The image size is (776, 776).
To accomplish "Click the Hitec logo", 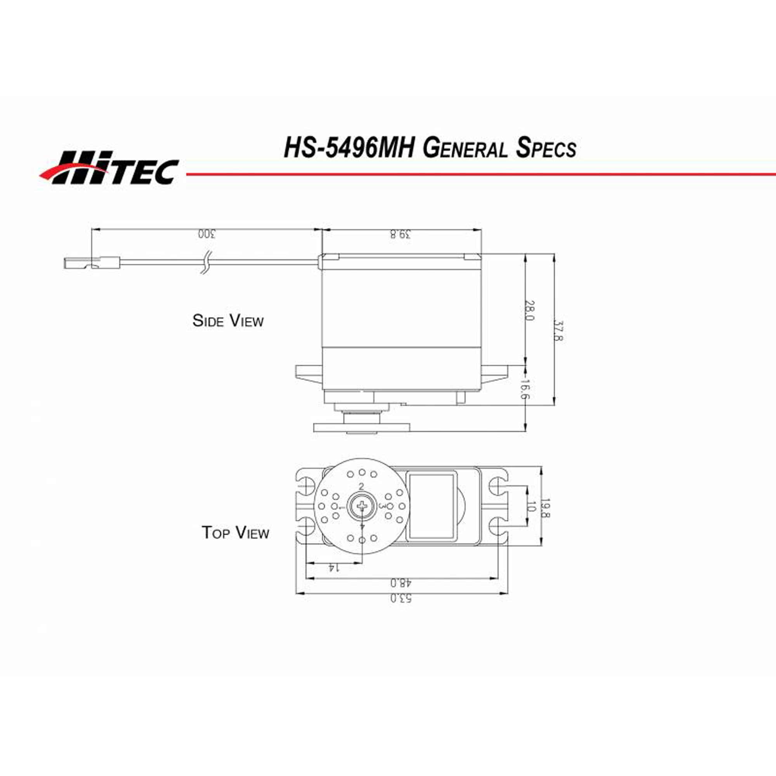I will pyautogui.click(x=109, y=168).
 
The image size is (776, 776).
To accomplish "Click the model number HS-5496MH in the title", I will pyautogui.click(x=349, y=148).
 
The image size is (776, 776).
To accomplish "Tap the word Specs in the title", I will pyautogui.click(x=546, y=149).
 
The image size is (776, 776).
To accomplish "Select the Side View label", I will pyautogui.click(x=228, y=320).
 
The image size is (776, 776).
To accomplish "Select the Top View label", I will pyautogui.click(x=235, y=533).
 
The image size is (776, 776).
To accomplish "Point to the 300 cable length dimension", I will pyautogui.click(x=206, y=234).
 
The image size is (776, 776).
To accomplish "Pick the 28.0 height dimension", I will pyautogui.click(x=530, y=310).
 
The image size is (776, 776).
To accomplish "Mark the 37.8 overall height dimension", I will pyautogui.click(x=559, y=331).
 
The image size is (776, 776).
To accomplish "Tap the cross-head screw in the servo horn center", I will pyautogui.click(x=362, y=506).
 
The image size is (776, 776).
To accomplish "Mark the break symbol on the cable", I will pyautogui.click(x=206, y=263).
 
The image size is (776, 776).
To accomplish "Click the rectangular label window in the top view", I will pyautogui.click(x=432, y=506).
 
